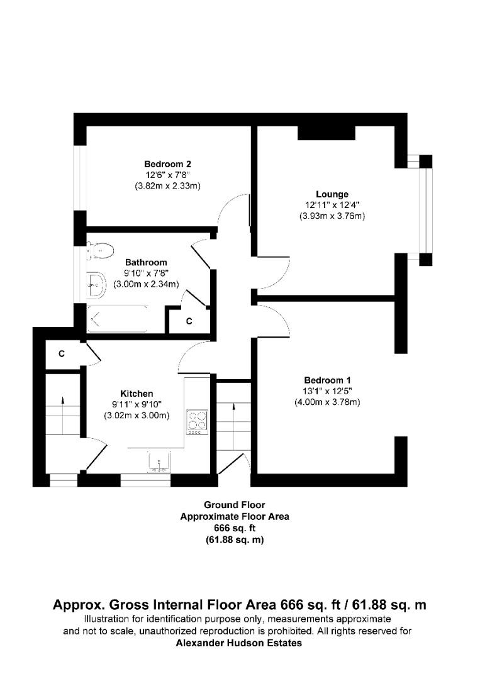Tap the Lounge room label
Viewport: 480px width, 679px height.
tap(332, 194)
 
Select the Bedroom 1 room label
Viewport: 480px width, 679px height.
tap(327, 380)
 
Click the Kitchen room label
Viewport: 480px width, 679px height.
tap(137, 394)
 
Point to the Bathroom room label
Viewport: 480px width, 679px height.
tap(146, 262)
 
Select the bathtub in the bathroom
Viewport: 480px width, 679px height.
tap(118, 319)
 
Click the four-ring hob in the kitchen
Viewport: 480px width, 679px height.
tap(197, 421)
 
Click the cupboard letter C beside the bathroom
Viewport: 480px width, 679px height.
tap(189, 321)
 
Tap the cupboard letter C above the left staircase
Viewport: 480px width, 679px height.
tap(62, 354)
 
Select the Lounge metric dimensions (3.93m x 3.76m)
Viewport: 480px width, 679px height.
tap(332, 216)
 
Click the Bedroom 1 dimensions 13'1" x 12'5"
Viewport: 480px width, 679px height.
tap(327, 391)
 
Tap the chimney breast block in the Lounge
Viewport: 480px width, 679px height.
tap(326, 133)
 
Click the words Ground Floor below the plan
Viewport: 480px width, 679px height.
tap(234, 505)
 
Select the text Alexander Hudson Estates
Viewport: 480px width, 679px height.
tap(239, 643)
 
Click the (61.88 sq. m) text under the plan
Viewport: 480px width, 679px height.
tap(234, 541)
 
